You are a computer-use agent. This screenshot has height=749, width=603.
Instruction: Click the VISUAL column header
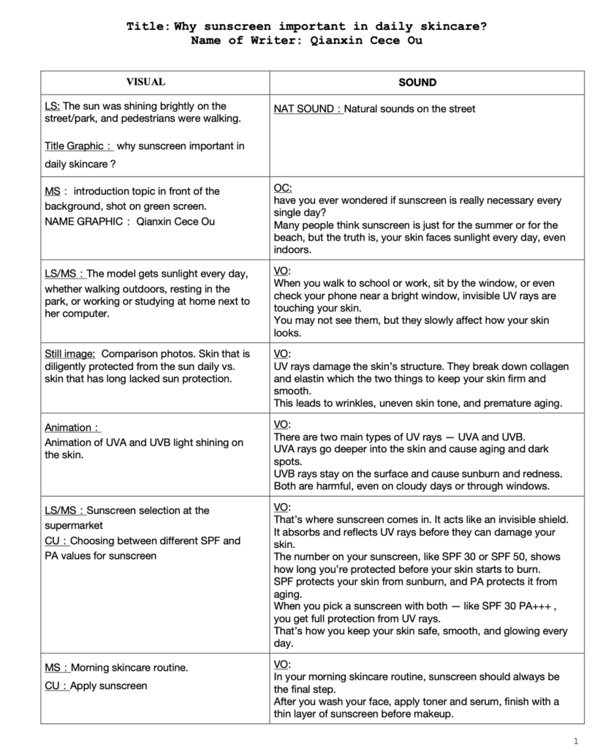(x=145, y=83)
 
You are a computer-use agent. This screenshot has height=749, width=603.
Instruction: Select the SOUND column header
(x=417, y=83)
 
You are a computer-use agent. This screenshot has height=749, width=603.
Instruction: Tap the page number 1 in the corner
(x=576, y=740)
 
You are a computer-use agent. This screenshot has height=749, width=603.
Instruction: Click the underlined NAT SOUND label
(x=306, y=109)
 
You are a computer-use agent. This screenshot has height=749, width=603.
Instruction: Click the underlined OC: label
(x=283, y=188)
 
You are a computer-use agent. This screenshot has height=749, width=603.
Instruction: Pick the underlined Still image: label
(x=69, y=353)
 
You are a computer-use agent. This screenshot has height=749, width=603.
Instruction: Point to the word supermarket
(x=74, y=525)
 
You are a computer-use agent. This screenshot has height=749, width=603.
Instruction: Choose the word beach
(x=287, y=238)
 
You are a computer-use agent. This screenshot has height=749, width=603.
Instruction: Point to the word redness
(x=523, y=474)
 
